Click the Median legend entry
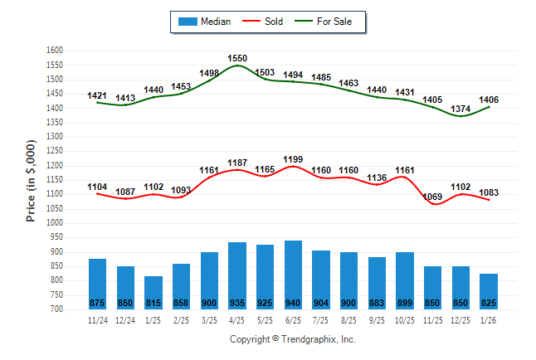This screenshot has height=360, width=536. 204,22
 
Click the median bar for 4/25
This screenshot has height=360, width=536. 237,275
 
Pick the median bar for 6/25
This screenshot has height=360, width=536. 293,275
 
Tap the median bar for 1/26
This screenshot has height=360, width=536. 489,291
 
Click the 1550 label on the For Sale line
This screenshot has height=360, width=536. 237,59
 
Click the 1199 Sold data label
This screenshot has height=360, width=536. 293,158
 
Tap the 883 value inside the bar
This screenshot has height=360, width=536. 377,303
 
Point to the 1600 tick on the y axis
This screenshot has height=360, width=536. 56,51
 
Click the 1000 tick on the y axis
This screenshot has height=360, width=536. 56,223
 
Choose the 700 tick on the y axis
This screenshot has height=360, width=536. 56,309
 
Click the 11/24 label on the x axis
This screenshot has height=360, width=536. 97,319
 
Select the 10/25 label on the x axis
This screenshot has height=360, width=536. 405,319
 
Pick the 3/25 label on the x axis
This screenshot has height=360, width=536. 209,319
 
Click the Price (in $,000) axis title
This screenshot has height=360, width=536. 31,180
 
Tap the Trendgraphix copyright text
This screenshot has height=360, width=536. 292,339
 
